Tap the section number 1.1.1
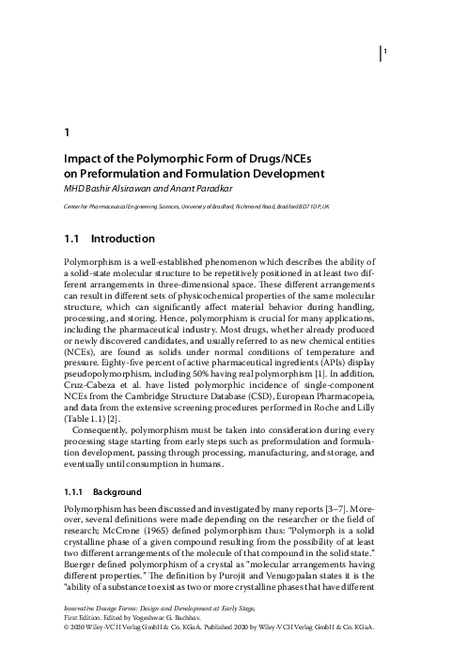point(75,491)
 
